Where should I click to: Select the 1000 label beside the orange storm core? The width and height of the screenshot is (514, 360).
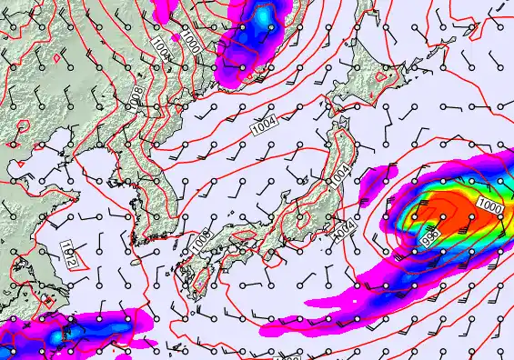point(489,207)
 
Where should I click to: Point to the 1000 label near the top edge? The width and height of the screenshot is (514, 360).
point(190,42)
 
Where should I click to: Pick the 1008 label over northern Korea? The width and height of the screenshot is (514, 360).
point(135,95)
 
